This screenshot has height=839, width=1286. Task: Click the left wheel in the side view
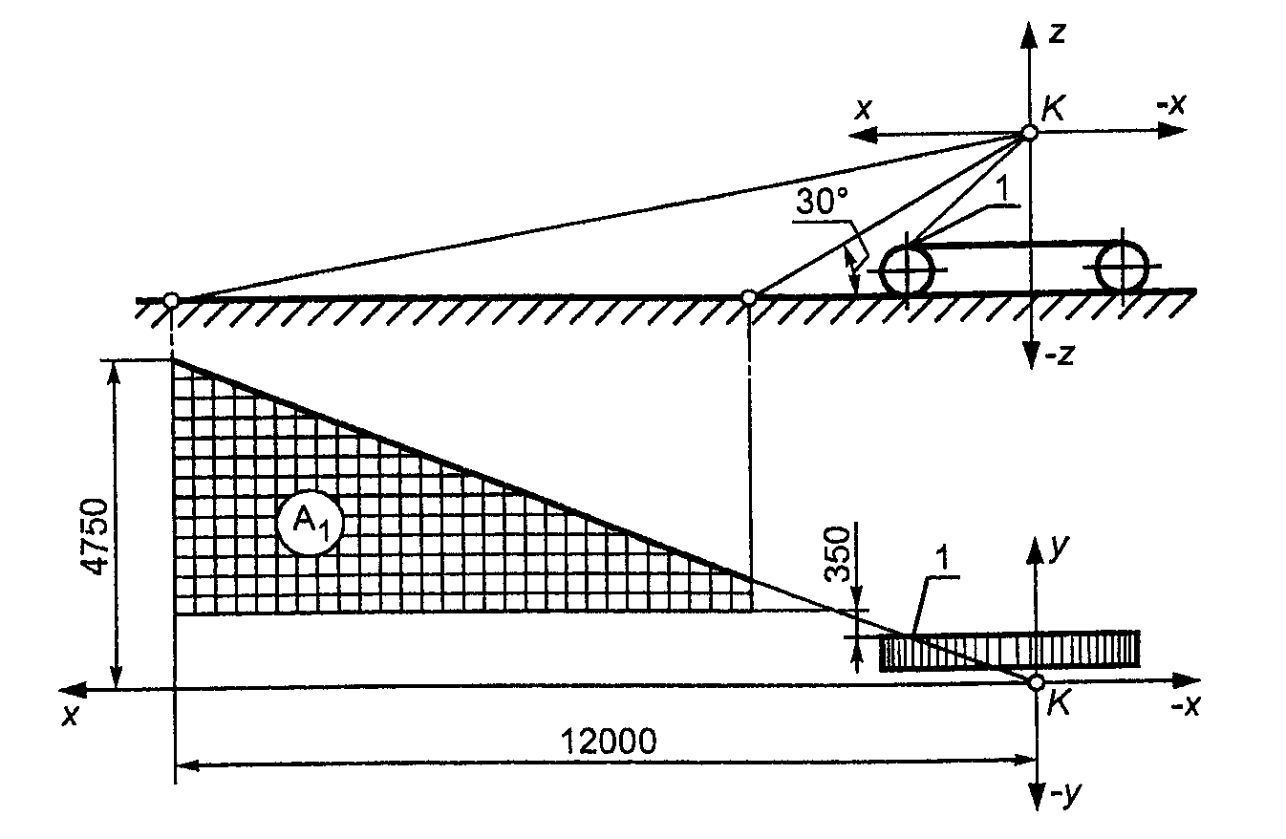coord(907,270)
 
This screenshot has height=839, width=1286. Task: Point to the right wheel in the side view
coord(1123,266)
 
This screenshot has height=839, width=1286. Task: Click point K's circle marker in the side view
coord(1029,133)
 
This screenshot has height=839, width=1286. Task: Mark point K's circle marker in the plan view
coord(1035,681)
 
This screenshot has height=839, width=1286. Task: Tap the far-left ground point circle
coord(171,300)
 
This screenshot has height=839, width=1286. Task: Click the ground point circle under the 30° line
coord(749,298)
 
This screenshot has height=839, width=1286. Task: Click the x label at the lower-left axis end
coord(70,715)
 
